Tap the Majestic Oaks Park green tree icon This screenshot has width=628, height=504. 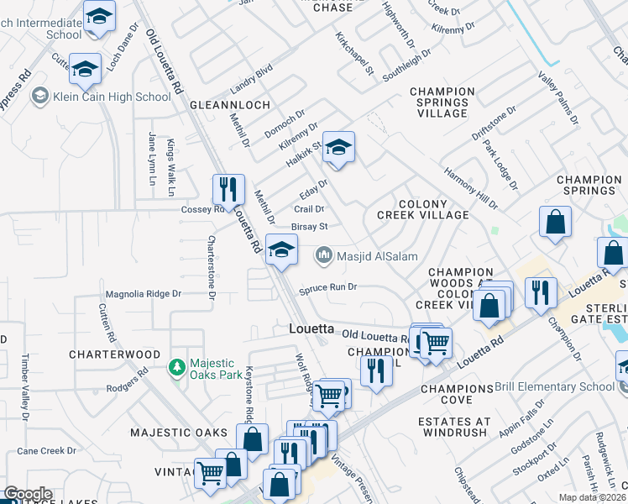(176, 366)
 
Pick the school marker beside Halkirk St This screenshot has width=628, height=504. (338, 148)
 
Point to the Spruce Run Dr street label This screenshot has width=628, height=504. (329, 287)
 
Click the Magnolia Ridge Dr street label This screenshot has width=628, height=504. (143, 294)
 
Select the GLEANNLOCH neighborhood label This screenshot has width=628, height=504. (230, 105)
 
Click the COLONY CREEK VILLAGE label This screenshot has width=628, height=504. (421, 209)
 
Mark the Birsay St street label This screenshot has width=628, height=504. (308, 226)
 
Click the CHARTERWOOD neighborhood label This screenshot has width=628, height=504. (114, 354)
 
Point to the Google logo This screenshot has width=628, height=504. (27, 494)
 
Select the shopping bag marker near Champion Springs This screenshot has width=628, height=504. (556, 224)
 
